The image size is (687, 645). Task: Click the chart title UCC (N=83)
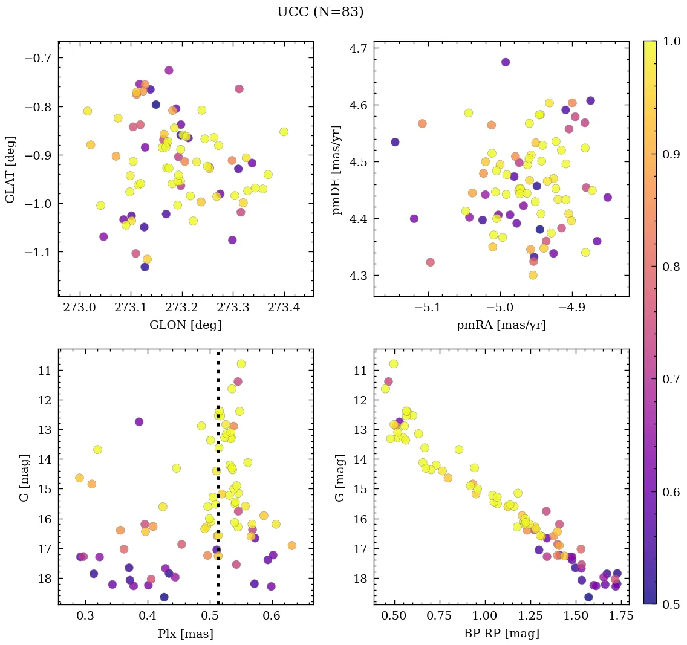tap(320, 12)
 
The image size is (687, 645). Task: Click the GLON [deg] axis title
tap(185, 325)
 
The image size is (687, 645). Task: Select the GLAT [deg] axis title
tap(10, 169)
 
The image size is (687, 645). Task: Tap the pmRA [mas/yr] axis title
tap(501, 325)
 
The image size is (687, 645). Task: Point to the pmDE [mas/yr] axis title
tap(336, 169)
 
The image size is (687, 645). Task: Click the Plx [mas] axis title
tap(185, 634)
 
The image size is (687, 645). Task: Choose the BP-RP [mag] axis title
tap(501, 634)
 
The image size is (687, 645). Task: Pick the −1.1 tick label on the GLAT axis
tap(39, 252)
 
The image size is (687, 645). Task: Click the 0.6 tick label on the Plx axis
tap(272, 618)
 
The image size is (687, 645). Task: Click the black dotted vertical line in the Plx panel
tap(218, 484)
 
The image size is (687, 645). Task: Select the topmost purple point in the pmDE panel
tap(506, 62)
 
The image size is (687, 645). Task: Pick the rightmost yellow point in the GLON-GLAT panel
tap(284, 132)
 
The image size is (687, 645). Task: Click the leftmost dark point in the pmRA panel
tap(395, 142)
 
